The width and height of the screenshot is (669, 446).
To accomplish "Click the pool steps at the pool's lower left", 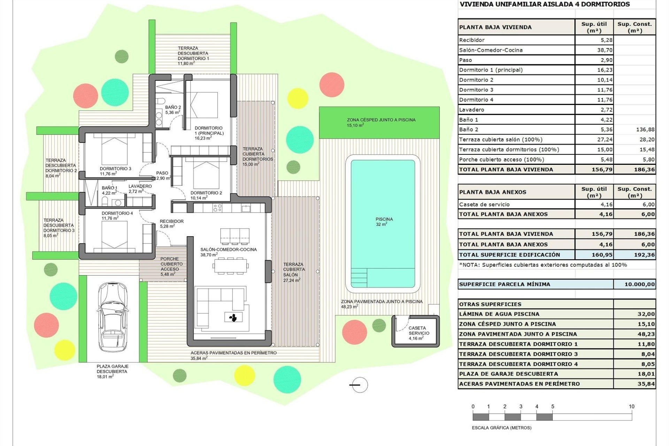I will coord(359,277).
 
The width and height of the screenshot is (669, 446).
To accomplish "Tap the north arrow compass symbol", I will coord(359,385).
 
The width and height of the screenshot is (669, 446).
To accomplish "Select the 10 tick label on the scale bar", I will coord(631,406).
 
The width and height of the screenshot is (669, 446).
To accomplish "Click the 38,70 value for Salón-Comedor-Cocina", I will coord(605,50).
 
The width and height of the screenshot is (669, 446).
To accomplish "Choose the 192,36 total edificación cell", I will coord(644,255).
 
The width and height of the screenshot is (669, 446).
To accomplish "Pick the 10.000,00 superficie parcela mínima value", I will coord(639,284).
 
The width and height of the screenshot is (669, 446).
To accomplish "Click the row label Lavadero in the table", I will coord(471,110).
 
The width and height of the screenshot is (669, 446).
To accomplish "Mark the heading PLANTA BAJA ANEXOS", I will coord(493,192).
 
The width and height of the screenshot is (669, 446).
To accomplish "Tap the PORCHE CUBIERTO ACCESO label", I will coord(170,267).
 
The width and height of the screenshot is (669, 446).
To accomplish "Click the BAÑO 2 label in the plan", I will coord(173,110).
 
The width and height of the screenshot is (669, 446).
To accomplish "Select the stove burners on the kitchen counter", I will coord(217,208).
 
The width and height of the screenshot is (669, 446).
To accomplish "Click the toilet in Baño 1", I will coord(105,201).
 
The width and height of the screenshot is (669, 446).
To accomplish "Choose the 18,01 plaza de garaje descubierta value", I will coord(646,374).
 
